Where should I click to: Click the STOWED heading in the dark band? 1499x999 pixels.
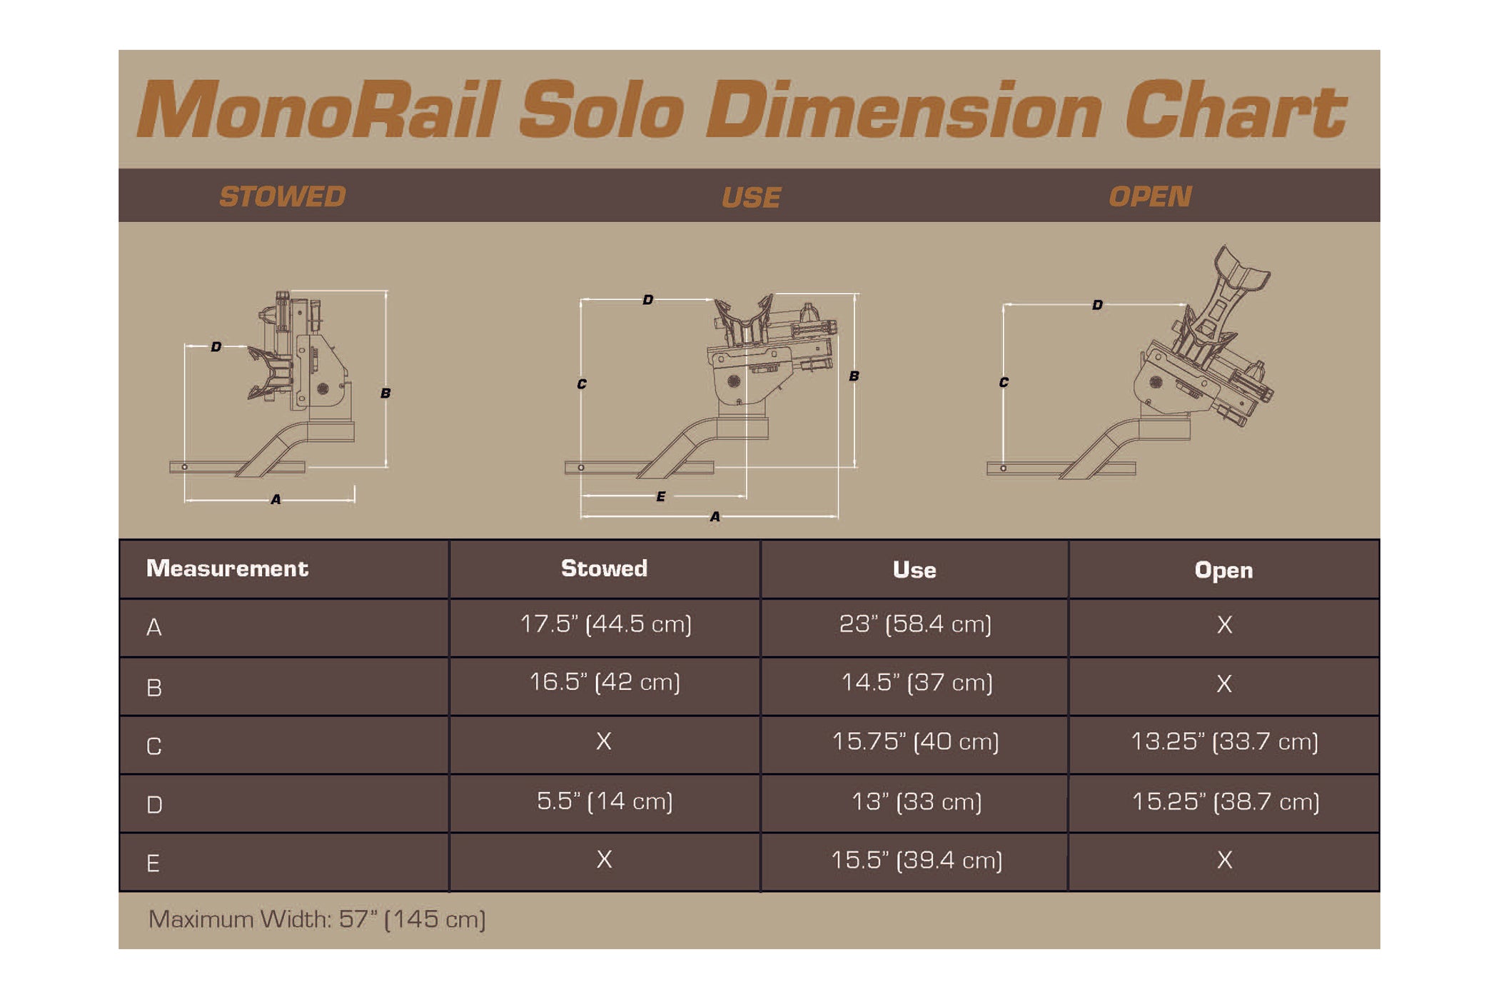[283, 196]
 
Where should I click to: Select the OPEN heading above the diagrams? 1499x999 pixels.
[1150, 196]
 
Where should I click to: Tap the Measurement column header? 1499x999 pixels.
[227, 568]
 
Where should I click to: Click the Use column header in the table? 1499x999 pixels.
[914, 570]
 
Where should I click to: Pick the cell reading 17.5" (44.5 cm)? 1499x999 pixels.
[605, 624]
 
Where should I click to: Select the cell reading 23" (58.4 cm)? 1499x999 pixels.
[915, 624]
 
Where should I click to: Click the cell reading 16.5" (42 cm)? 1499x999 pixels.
[605, 682]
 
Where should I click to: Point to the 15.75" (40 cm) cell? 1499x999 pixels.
[916, 741]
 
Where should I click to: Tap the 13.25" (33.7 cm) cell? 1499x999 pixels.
[1224, 741]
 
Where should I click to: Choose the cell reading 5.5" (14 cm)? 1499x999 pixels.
[605, 801]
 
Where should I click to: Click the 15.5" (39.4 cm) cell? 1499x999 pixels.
[917, 860]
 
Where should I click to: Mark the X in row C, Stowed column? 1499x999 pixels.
[604, 741]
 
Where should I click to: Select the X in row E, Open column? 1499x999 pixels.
[1224, 860]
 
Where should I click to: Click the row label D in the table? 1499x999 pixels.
[154, 805]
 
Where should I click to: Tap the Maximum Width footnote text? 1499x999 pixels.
[317, 919]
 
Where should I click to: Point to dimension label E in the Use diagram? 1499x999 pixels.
[661, 496]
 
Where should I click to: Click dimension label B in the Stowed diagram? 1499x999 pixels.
[385, 393]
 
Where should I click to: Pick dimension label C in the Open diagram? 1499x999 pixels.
[1004, 382]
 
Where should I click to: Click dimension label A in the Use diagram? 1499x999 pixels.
[715, 516]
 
